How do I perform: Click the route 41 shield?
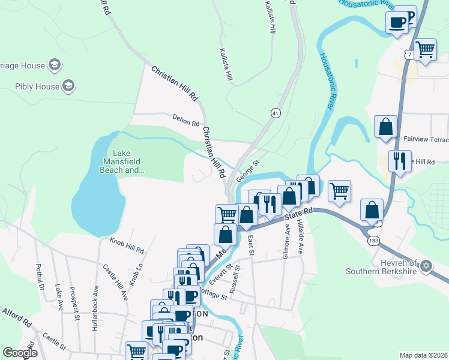pyautogui.click(x=275, y=113)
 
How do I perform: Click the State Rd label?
pyautogui.click(x=299, y=213)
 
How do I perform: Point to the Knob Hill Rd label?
pyautogui.click(x=127, y=245)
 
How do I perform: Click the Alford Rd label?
pyautogui.click(x=16, y=317)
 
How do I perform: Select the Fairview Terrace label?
pyautogui.click(x=426, y=139)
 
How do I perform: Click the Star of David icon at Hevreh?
pyautogui.click(x=426, y=266)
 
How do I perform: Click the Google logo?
pyautogui.click(x=20, y=352)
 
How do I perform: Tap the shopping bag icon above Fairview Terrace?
pyautogui.click(x=387, y=127)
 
